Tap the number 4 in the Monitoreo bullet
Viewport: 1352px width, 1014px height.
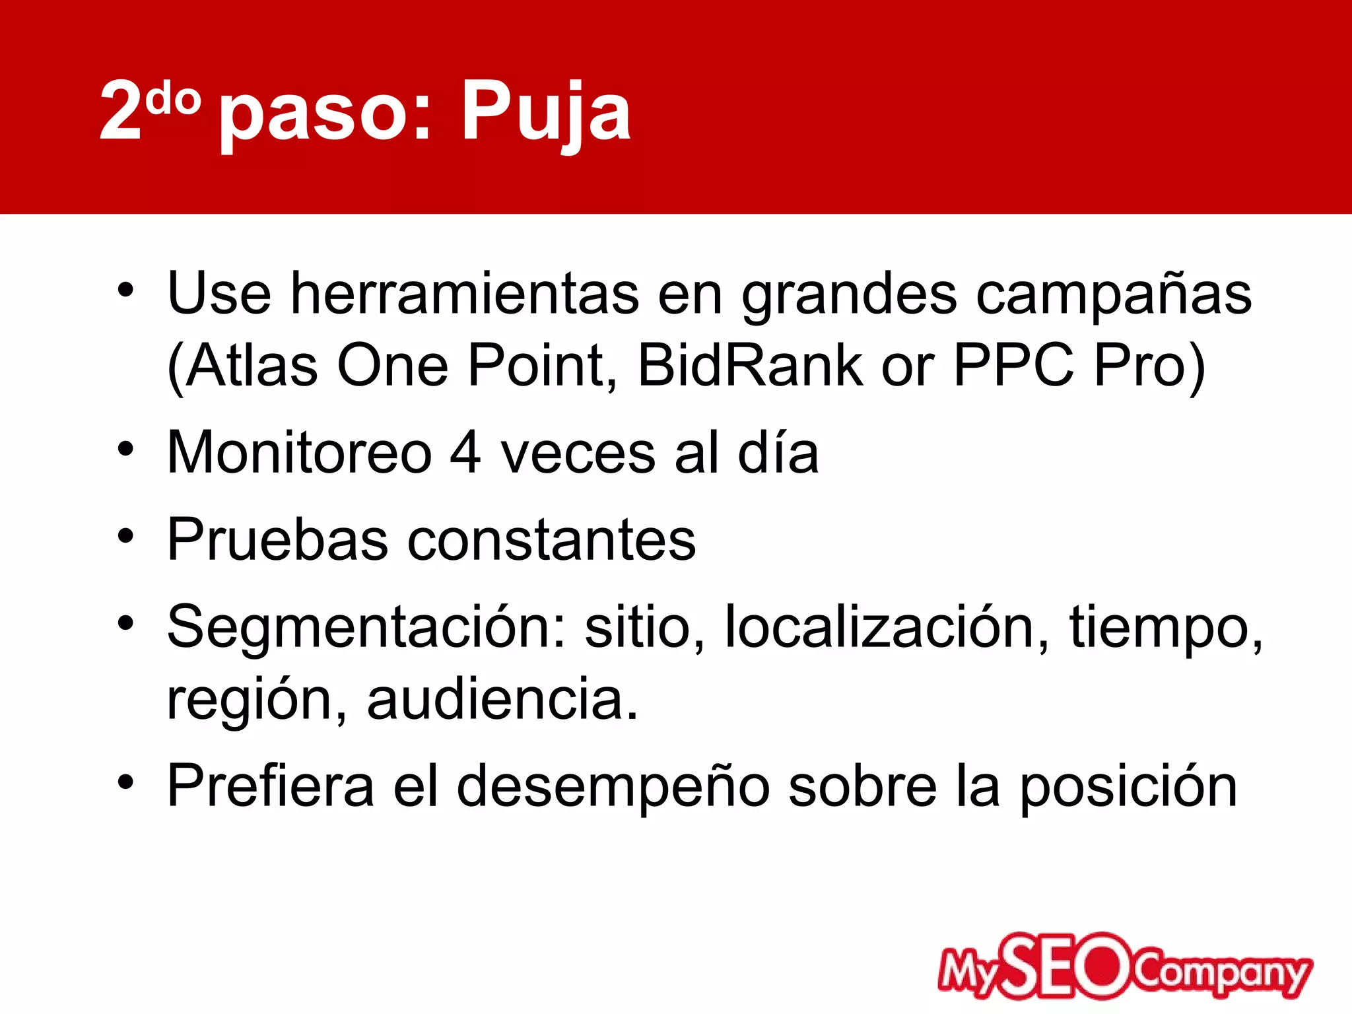465,453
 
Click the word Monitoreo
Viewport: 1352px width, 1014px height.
299,453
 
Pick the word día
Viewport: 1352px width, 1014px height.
778,453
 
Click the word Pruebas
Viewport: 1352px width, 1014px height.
277,540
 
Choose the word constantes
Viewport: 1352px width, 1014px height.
551,540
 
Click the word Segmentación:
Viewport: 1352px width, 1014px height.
366,627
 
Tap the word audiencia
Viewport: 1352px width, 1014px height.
502,700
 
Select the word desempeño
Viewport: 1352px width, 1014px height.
613,787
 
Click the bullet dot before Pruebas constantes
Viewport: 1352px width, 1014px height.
125,535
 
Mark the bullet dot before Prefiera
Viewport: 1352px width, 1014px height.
125,782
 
